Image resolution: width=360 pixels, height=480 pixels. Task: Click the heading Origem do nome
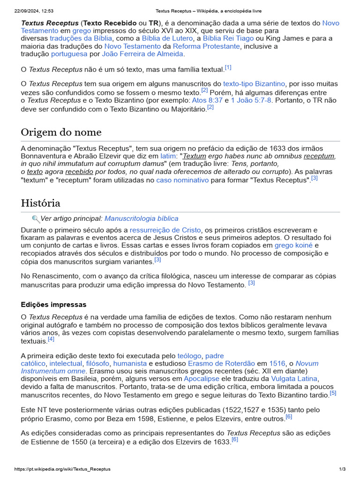point(61,132)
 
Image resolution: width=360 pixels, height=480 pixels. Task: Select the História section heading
point(40,203)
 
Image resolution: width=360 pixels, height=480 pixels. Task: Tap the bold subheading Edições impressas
point(53,305)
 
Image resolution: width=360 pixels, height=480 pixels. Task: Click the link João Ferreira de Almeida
point(142,54)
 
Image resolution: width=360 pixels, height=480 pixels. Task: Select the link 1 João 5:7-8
point(251,100)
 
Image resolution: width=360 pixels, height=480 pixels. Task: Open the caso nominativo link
point(182,180)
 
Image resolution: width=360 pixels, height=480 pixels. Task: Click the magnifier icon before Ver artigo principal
point(36,219)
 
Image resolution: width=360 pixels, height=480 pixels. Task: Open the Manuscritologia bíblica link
point(141,218)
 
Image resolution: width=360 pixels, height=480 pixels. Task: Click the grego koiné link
point(293,246)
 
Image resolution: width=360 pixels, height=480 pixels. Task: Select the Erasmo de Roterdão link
point(221,363)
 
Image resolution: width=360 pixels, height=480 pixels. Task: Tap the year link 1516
point(277,363)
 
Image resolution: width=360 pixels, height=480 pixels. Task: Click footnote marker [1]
point(228,67)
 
